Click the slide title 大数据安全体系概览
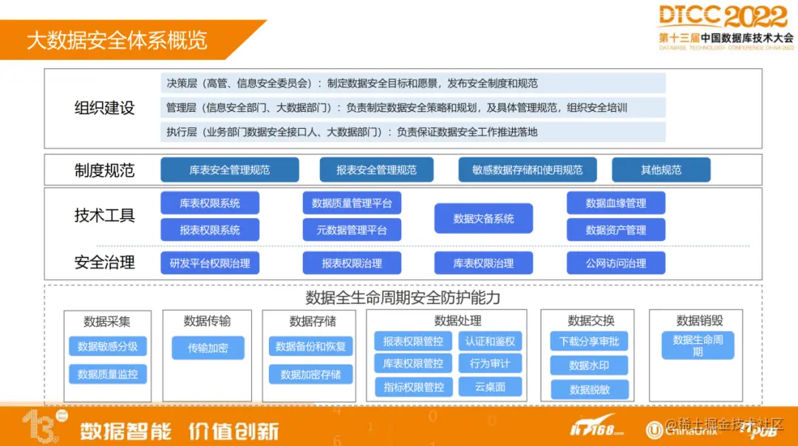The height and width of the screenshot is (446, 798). [117, 39]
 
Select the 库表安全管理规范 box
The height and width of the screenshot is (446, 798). [230, 170]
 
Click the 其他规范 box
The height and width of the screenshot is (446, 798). [661, 170]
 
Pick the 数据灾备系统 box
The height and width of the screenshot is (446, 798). [483, 219]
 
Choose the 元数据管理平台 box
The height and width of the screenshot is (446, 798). [352, 230]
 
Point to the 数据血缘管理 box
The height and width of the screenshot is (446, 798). [615, 203]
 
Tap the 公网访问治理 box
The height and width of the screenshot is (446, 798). [615, 263]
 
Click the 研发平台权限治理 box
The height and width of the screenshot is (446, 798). [210, 263]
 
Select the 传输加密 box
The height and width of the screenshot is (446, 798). [208, 348]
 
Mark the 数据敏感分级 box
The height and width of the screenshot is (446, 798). [107, 347]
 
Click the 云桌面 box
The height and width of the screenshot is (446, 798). [490, 386]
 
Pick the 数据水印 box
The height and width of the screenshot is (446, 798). [589, 365]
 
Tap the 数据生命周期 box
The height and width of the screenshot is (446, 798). [698, 345]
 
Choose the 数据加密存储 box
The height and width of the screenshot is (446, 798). [310, 374]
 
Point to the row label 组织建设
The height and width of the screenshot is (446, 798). [105, 108]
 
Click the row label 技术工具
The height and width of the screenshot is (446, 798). [105, 216]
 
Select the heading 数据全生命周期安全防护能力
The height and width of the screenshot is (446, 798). [403, 297]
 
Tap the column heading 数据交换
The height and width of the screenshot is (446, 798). [590, 320]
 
